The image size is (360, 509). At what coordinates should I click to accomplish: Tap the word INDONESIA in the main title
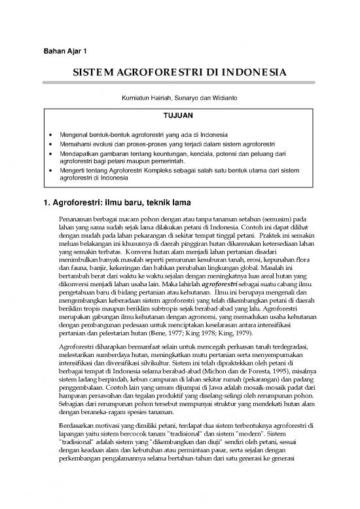click(257, 72)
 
